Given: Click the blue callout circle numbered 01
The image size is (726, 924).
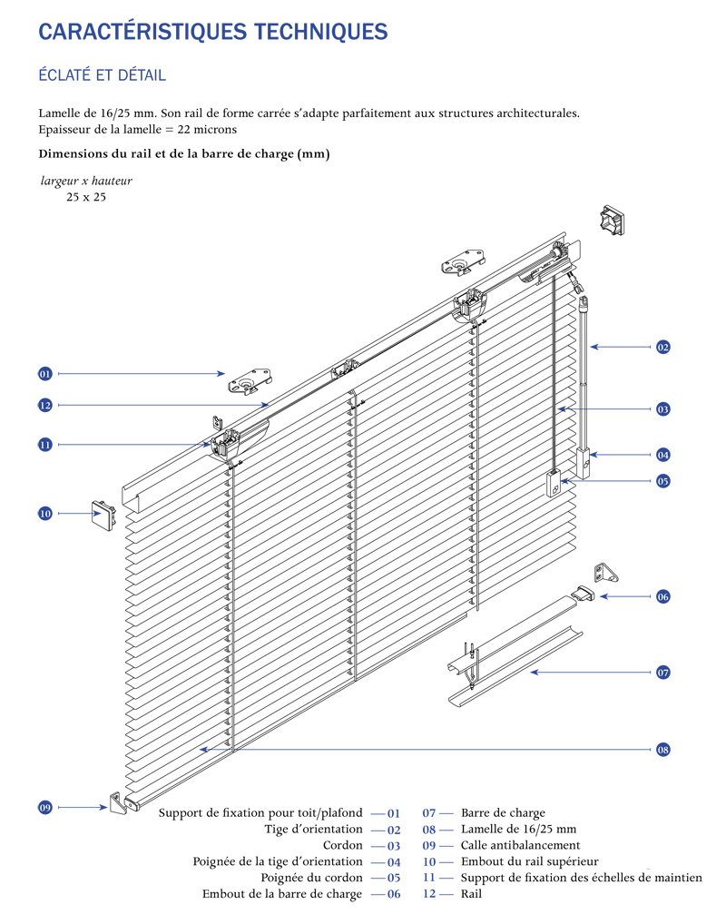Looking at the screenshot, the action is tap(45, 374).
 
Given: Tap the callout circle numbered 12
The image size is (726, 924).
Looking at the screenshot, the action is tap(45, 406).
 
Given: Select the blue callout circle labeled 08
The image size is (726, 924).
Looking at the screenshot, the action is tap(663, 750).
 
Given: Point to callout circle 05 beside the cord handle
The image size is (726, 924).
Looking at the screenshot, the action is tap(663, 481).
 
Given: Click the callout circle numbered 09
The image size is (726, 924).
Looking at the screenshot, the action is tap(45, 807).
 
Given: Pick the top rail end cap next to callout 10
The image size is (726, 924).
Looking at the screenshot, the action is tap(103, 516).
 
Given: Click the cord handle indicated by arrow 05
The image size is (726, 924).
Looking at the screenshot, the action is tap(554, 483).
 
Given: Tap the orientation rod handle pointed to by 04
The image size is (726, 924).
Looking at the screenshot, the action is tap(583, 463).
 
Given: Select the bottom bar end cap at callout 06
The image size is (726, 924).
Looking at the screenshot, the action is tap(584, 594).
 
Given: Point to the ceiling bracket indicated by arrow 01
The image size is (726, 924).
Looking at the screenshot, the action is tap(250, 382).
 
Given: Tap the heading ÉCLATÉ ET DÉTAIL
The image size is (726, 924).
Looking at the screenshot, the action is tap(102, 74).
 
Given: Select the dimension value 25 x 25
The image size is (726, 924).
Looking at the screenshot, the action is tap(86, 197).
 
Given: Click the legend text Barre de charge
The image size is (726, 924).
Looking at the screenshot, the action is tap(504, 813).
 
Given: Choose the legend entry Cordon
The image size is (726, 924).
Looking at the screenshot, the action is tap(343, 845).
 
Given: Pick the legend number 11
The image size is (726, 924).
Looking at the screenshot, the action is tap(429, 878).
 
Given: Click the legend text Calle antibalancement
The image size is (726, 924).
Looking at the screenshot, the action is tap(520, 845).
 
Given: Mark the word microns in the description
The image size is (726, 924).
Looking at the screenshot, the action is tap(215, 130).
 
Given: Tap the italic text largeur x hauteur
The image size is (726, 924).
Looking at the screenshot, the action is tap(86, 181).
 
